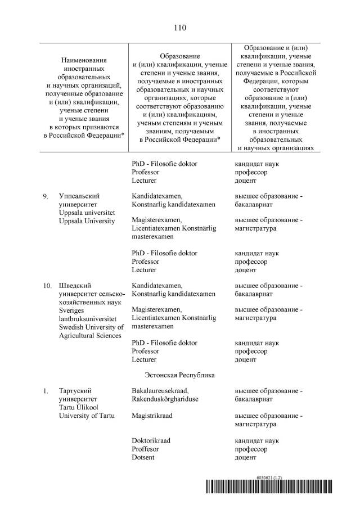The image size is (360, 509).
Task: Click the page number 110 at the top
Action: click(x=180, y=28)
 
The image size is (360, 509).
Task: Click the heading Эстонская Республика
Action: click(x=179, y=375)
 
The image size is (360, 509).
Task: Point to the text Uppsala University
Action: click(x=87, y=221)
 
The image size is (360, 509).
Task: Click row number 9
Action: click(x=45, y=196)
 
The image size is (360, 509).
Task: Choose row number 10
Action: click(x=47, y=286)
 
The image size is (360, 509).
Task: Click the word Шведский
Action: click(x=75, y=286)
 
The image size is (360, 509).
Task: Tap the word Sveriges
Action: click(x=73, y=310)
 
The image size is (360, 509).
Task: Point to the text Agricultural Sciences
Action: click(x=90, y=336)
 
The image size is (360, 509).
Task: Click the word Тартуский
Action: click(x=75, y=390)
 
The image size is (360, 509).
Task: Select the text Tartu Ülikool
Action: click(x=78, y=407)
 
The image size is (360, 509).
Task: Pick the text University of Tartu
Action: click(x=87, y=416)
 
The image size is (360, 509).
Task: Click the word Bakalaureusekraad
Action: click(x=160, y=390)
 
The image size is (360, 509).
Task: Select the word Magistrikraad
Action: click(x=152, y=416)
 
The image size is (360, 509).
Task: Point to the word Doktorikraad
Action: click(x=151, y=440)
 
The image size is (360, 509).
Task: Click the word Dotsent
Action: click(x=143, y=457)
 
